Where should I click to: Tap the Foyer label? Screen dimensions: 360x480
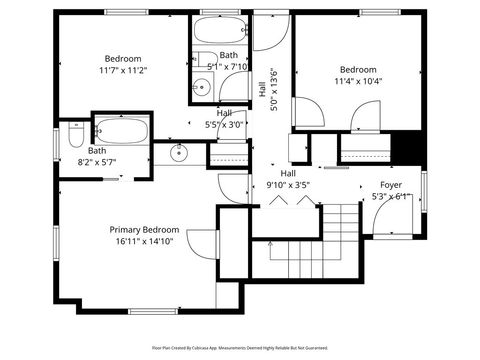point(391,185)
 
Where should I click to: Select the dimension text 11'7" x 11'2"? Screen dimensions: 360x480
point(123,71)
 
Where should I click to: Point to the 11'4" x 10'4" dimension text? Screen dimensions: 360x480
point(358,82)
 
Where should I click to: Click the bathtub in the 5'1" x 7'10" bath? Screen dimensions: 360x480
point(221,30)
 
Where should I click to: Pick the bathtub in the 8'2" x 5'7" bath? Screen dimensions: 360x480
point(121,130)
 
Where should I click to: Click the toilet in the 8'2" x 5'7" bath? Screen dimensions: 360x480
point(76,133)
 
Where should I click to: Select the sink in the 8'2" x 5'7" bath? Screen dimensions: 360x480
point(179,153)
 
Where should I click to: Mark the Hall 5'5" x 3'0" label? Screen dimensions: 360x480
point(224,119)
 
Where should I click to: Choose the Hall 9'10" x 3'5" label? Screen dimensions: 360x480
point(288,179)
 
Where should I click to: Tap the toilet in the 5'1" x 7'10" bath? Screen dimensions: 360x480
point(202,58)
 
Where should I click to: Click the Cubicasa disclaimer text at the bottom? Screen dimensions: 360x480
point(240,348)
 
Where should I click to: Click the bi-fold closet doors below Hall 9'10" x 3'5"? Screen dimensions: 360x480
point(290,199)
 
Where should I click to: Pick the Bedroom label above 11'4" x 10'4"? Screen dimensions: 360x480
point(358,70)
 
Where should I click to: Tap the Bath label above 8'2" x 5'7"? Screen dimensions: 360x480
point(68,150)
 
